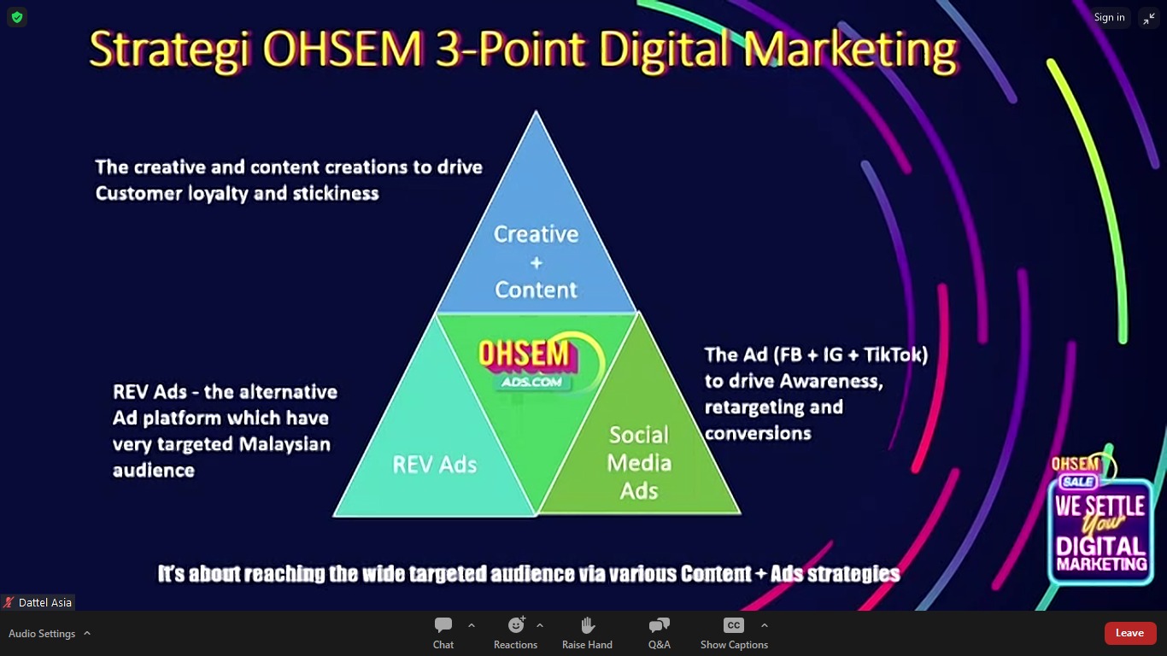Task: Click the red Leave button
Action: [x=1129, y=633]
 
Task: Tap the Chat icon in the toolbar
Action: [x=443, y=624]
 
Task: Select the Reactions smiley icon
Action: [x=516, y=624]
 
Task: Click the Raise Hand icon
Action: [x=587, y=624]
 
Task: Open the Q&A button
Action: [x=659, y=624]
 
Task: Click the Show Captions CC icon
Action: [x=734, y=624]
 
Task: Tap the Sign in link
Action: [x=1109, y=17]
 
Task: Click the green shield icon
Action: [x=17, y=17]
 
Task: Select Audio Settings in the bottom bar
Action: [x=42, y=634]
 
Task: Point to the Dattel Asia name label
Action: [x=44, y=602]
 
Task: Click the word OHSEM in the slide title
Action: [x=343, y=49]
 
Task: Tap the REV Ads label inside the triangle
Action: [x=435, y=465]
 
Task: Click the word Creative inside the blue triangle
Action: [x=537, y=234]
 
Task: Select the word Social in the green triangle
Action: [x=639, y=435]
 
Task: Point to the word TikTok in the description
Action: [x=895, y=354]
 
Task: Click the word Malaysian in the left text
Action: [x=284, y=444]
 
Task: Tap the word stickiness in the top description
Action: [x=336, y=193]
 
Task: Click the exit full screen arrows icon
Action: [x=1149, y=19]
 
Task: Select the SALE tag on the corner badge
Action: [x=1078, y=481]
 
